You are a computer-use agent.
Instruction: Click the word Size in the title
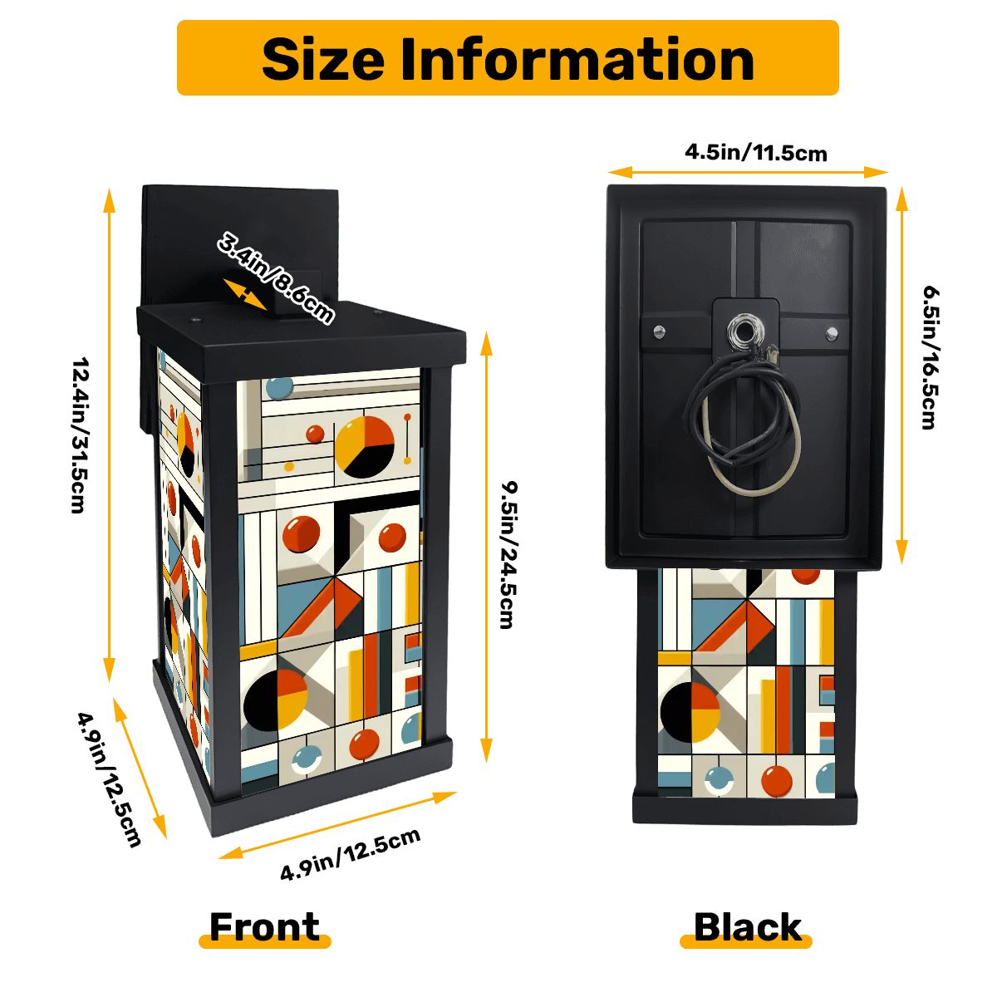(x=323, y=59)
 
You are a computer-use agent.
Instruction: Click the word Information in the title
(x=577, y=59)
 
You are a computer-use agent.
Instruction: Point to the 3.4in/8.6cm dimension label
(x=274, y=279)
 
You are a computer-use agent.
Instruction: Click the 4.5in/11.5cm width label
(x=756, y=153)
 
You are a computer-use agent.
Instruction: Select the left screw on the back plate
(x=659, y=330)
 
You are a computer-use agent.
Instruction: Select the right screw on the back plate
(x=832, y=332)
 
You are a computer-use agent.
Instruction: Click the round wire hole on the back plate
(x=745, y=332)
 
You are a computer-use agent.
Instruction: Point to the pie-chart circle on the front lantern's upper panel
(x=365, y=446)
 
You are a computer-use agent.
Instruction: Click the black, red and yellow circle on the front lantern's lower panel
(x=275, y=699)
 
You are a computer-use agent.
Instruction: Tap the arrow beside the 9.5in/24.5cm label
(x=486, y=548)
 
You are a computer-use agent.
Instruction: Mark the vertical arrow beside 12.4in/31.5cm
(x=109, y=435)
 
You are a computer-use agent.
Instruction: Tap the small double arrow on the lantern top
(x=245, y=294)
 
